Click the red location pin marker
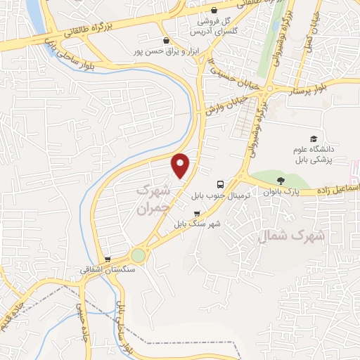pyautogui.click(x=181, y=165)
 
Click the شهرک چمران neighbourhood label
pyautogui.click(x=153, y=199)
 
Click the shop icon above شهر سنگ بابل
pyautogui.click(x=197, y=213)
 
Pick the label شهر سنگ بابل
pyautogui.click(x=198, y=224)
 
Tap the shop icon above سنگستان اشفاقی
pyautogui.click(x=108, y=259)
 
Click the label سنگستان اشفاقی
pyautogui.click(x=106, y=269)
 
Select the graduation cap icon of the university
pyautogui.click(x=314, y=139)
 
